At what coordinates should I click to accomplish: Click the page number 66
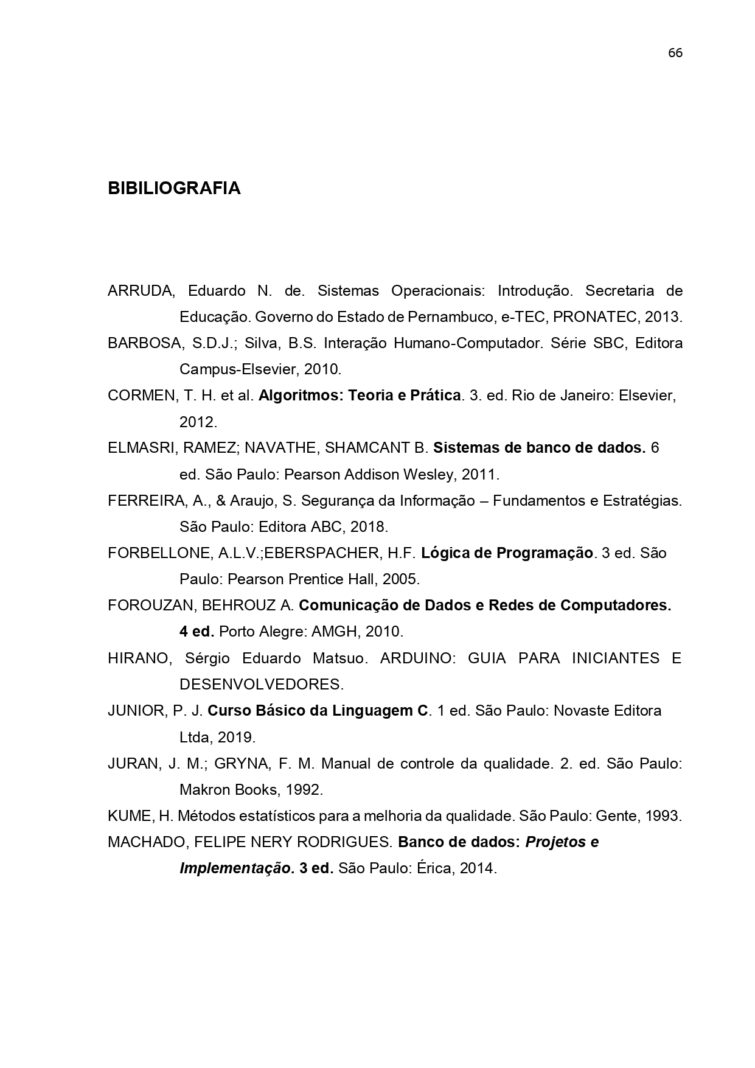click(675, 54)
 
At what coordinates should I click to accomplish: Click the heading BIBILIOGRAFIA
click(174, 189)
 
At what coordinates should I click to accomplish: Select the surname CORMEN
click(142, 396)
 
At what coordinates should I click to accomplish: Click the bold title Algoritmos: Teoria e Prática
click(359, 396)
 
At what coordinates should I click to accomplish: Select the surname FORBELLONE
click(158, 553)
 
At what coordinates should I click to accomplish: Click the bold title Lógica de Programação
click(506, 553)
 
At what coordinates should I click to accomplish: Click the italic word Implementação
click(237, 868)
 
